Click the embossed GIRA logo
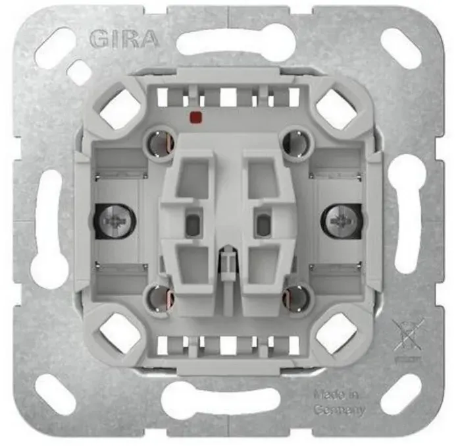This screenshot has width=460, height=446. (124, 39)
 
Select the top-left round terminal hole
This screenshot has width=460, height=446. (159, 143)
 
